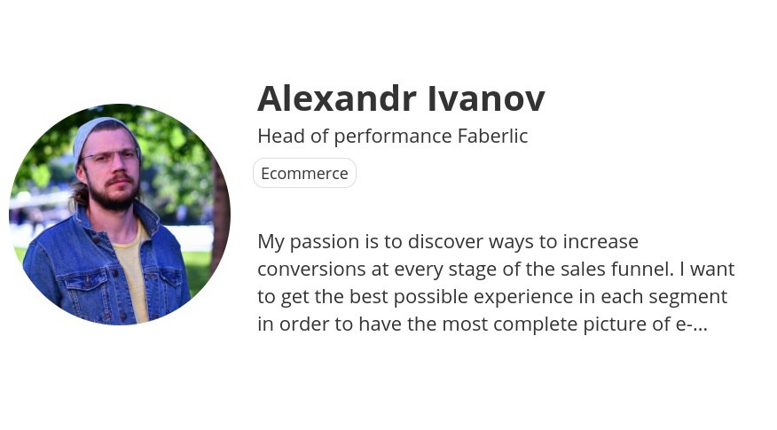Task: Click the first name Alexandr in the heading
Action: (336, 98)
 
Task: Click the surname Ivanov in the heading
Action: (486, 98)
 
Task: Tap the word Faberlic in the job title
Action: (492, 136)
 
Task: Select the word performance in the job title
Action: (393, 137)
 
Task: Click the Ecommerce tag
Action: (305, 173)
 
